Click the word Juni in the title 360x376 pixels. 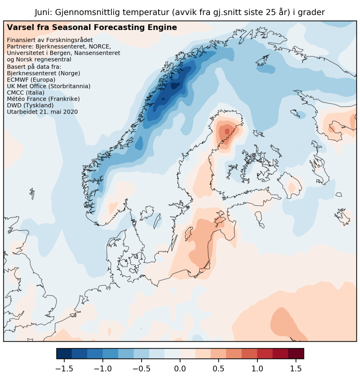43,12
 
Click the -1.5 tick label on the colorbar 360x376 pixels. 64,369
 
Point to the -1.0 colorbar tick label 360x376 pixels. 102,369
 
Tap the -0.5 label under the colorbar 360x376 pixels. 141,369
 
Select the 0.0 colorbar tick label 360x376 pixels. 180,369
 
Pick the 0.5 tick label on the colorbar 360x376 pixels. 219,369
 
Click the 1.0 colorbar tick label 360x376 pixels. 257,369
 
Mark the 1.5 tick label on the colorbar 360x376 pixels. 296,369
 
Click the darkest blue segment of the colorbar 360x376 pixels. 64,353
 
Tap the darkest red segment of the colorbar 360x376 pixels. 296,353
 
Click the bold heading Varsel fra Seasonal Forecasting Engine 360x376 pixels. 92,28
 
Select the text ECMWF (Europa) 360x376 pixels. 31,80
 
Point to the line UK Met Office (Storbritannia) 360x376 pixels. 49,86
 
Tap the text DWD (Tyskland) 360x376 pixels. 30,105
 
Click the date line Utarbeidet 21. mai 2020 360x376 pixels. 42,111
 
